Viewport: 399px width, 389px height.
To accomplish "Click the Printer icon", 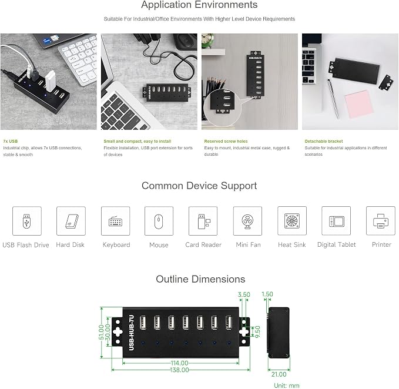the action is click(380, 221).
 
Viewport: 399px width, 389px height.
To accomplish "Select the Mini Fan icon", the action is click(247, 221).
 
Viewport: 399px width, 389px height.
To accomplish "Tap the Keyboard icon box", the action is click(116, 221).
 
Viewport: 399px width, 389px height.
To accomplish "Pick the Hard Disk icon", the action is click(71, 221).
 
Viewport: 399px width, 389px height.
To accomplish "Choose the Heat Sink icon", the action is click(292, 221).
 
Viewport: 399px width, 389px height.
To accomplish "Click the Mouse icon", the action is click(159, 221).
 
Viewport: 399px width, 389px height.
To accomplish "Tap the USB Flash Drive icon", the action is click(26, 221).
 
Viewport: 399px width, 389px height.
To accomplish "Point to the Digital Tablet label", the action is click(336, 245).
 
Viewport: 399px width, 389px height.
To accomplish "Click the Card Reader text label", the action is click(203, 245).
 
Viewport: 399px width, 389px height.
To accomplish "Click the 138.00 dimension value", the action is click(180, 370).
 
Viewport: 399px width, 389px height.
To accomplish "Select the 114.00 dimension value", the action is click(180, 363).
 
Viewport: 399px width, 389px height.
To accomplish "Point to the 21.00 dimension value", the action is click(279, 374).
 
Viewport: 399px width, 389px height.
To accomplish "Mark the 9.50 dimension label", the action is click(257, 332).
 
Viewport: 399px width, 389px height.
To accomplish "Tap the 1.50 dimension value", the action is click(267, 294).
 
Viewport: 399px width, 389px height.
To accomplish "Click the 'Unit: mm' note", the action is click(287, 385).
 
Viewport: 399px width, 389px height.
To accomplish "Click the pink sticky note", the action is click(359, 104).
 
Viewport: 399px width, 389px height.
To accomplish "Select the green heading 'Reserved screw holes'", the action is click(226, 141).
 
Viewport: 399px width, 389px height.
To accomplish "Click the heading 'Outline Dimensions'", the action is click(200, 279).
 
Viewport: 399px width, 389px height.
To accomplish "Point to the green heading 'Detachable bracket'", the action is click(324, 141).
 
